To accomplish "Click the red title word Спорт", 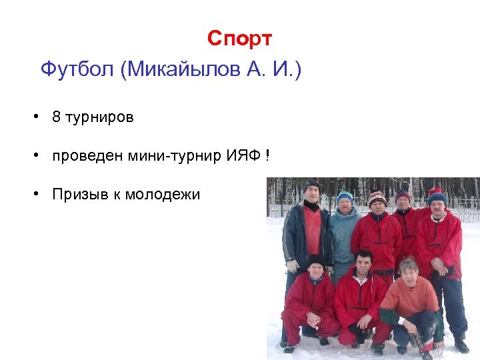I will tap(239, 39).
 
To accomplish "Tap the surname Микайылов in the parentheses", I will tap(193, 69).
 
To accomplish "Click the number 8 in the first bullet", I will tap(57, 117).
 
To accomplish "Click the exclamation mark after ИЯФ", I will tap(267, 156).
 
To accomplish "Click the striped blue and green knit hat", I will tap(345, 195).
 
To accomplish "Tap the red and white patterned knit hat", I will tap(377, 197).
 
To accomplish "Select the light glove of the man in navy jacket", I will tap(292, 266).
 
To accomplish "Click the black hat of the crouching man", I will tap(315, 259).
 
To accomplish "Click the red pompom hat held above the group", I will tap(435, 191).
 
